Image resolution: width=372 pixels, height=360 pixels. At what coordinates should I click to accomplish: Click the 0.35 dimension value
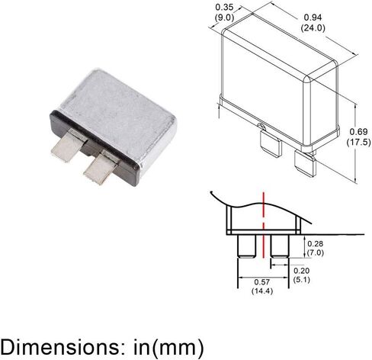pos(224,7)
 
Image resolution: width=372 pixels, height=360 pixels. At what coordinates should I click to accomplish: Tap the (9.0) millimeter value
pos(224,18)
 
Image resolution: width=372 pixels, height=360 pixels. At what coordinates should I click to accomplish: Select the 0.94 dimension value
pos(313,18)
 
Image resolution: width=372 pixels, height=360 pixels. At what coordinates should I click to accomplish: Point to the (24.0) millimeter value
pos(313,27)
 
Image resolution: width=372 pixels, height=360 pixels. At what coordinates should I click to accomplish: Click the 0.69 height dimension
pos(358,132)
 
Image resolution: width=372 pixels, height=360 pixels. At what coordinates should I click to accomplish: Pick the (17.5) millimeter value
pos(358,142)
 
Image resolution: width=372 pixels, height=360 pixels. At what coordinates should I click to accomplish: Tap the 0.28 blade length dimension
pos(316,243)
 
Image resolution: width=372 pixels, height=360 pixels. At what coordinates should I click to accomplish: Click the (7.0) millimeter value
pos(316,253)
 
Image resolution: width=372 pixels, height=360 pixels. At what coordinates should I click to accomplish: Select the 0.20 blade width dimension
pos(302,271)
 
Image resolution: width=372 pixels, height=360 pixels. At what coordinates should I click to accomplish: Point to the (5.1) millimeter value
pos(302,280)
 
